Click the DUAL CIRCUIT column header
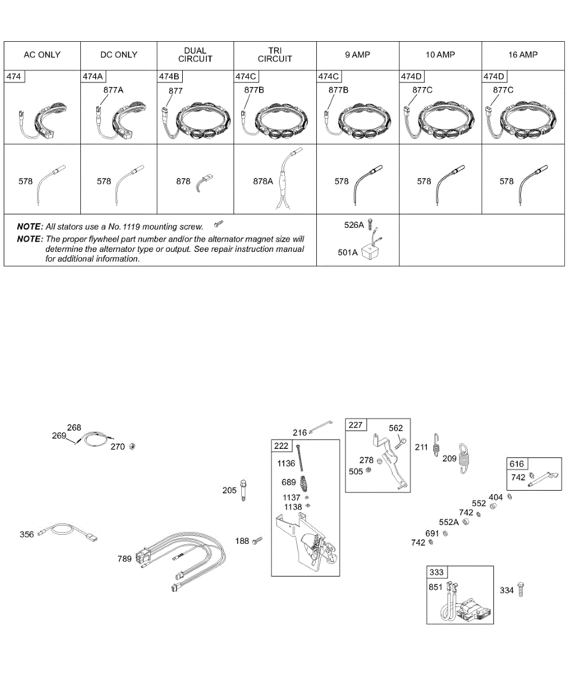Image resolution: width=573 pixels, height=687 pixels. click(195, 55)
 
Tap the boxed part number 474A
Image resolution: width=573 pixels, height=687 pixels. click(92, 76)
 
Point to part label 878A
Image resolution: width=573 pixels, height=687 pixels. click(263, 181)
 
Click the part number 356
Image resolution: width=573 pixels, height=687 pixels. click(27, 535)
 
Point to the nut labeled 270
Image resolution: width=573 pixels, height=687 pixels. click(132, 447)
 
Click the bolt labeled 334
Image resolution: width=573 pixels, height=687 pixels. click(521, 589)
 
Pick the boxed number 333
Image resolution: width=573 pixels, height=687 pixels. click(437, 572)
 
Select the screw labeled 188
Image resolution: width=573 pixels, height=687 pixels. click(257, 540)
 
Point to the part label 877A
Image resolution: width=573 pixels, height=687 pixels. click(113, 90)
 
